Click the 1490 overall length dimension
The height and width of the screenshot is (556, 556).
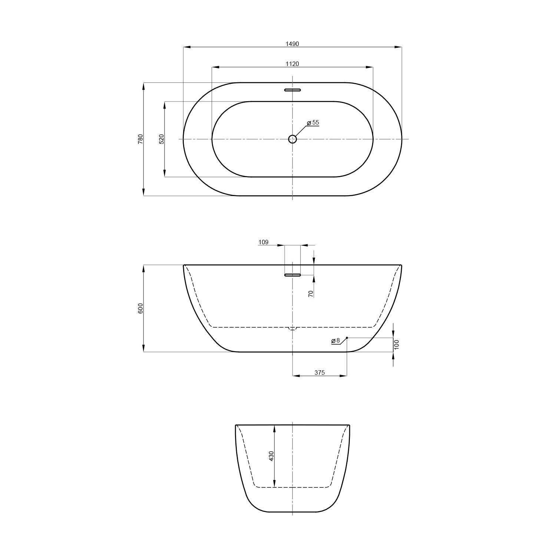click(x=292, y=44)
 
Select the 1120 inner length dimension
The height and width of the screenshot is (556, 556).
click(x=292, y=64)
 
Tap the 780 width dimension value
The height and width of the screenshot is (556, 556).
click(x=140, y=139)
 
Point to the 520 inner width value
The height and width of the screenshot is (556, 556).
click(x=161, y=139)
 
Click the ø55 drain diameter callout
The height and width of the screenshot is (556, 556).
click(x=313, y=122)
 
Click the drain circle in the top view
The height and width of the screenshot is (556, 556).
click(x=292, y=139)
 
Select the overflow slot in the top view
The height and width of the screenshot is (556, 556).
click(x=292, y=90)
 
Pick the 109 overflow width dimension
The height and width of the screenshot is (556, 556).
click(x=263, y=242)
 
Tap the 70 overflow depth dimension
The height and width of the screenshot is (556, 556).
click(x=311, y=293)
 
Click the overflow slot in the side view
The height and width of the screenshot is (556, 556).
click(x=292, y=275)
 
